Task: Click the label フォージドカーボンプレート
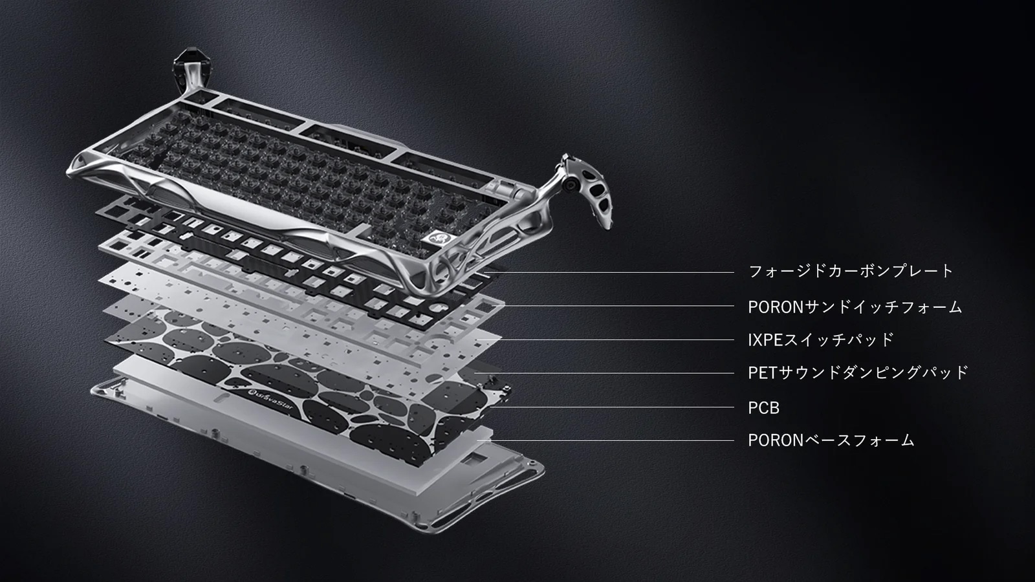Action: point(851,271)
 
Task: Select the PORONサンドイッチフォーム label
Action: point(855,307)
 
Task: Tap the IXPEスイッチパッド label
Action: point(821,340)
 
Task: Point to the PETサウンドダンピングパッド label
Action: point(858,372)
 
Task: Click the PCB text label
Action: point(763,408)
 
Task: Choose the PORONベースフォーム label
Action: point(831,440)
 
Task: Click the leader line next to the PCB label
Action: point(611,407)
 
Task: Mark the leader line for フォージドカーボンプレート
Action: point(611,272)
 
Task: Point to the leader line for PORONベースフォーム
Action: point(605,440)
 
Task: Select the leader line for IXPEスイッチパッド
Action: point(605,340)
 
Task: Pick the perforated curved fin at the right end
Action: point(596,194)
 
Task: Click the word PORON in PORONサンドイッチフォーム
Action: point(776,307)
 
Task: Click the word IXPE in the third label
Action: point(765,340)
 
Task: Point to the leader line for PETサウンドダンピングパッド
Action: point(604,373)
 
